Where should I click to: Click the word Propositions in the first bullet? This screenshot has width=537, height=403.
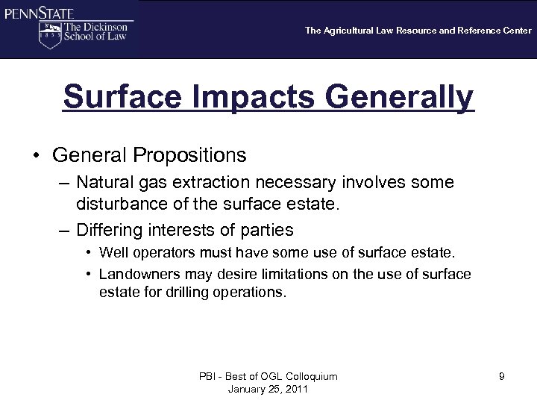(x=191, y=155)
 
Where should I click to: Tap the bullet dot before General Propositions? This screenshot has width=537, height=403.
(x=36, y=155)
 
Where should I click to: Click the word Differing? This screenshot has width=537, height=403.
(x=107, y=229)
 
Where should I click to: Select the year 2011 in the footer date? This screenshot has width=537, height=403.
(x=296, y=390)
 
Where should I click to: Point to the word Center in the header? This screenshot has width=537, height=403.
(x=515, y=31)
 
